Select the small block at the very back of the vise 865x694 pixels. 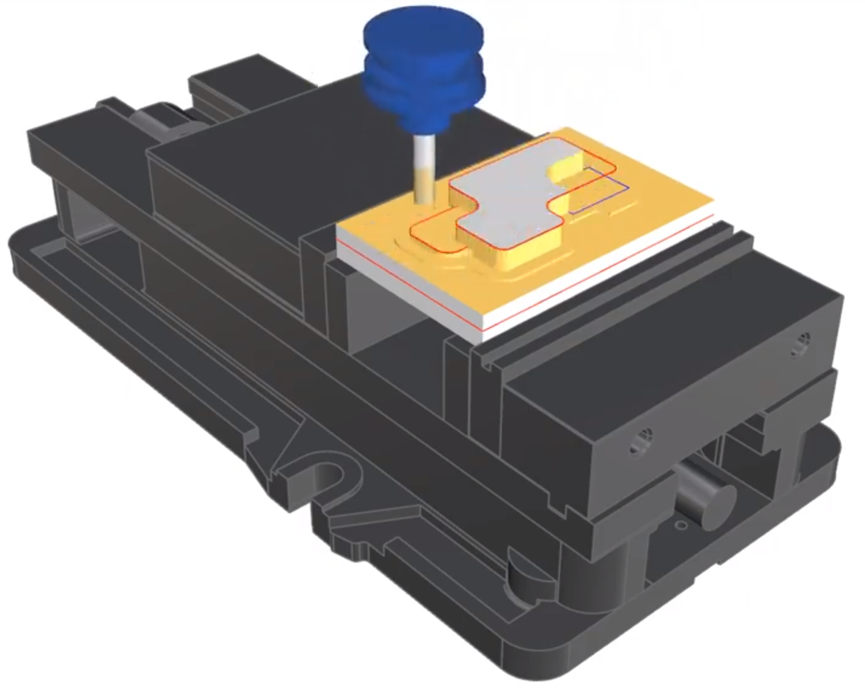click(218, 82)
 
